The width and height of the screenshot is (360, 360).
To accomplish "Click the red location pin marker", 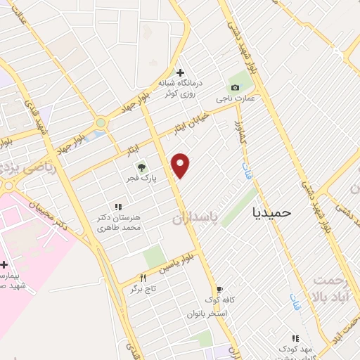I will [x=181, y=165].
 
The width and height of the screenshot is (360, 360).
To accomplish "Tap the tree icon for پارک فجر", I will [x=141, y=167].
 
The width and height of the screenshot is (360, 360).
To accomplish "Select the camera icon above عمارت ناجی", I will [x=235, y=87].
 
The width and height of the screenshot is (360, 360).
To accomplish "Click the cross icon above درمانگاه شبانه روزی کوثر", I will [x=181, y=72].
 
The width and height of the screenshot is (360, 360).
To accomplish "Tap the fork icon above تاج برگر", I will [x=143, y=278].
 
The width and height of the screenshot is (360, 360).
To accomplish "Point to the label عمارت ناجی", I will [x=240, y=98].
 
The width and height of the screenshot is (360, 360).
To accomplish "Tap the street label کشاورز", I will [x=239, y=134].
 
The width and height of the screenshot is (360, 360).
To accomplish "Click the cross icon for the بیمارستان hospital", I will [x=4, y=265].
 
